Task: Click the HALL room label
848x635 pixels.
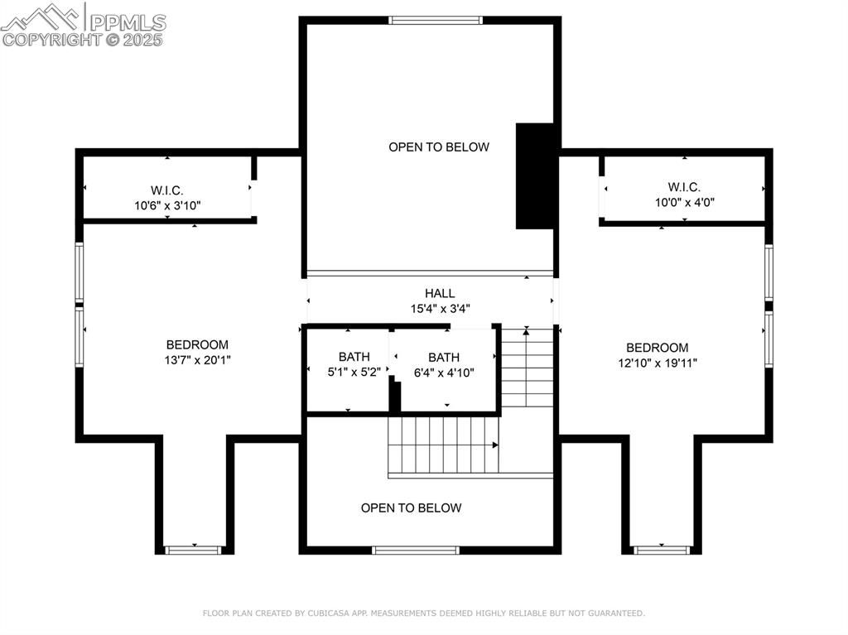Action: point(440,293)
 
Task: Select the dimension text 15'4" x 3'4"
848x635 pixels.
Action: point(440,309)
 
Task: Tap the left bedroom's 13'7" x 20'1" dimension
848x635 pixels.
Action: point(197,360)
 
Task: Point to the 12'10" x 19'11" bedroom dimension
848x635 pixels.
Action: point(657,363)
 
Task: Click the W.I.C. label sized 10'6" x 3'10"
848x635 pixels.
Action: point(167,190)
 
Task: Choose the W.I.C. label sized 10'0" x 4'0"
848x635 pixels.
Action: point(684,187)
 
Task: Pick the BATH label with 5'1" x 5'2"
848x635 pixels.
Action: point(354,357)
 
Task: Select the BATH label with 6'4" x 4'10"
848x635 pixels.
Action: point(444,358)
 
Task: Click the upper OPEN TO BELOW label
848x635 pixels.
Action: point(439,147)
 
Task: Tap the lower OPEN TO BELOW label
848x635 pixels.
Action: point(411,508)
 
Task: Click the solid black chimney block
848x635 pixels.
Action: point(535,176)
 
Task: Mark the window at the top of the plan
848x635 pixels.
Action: point(435,20)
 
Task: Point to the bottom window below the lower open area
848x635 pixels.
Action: point(415,550)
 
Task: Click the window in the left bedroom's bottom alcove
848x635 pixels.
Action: point(194,550)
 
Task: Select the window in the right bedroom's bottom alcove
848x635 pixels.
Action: point(662,550)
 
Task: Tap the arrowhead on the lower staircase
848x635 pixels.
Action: point(496,445)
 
